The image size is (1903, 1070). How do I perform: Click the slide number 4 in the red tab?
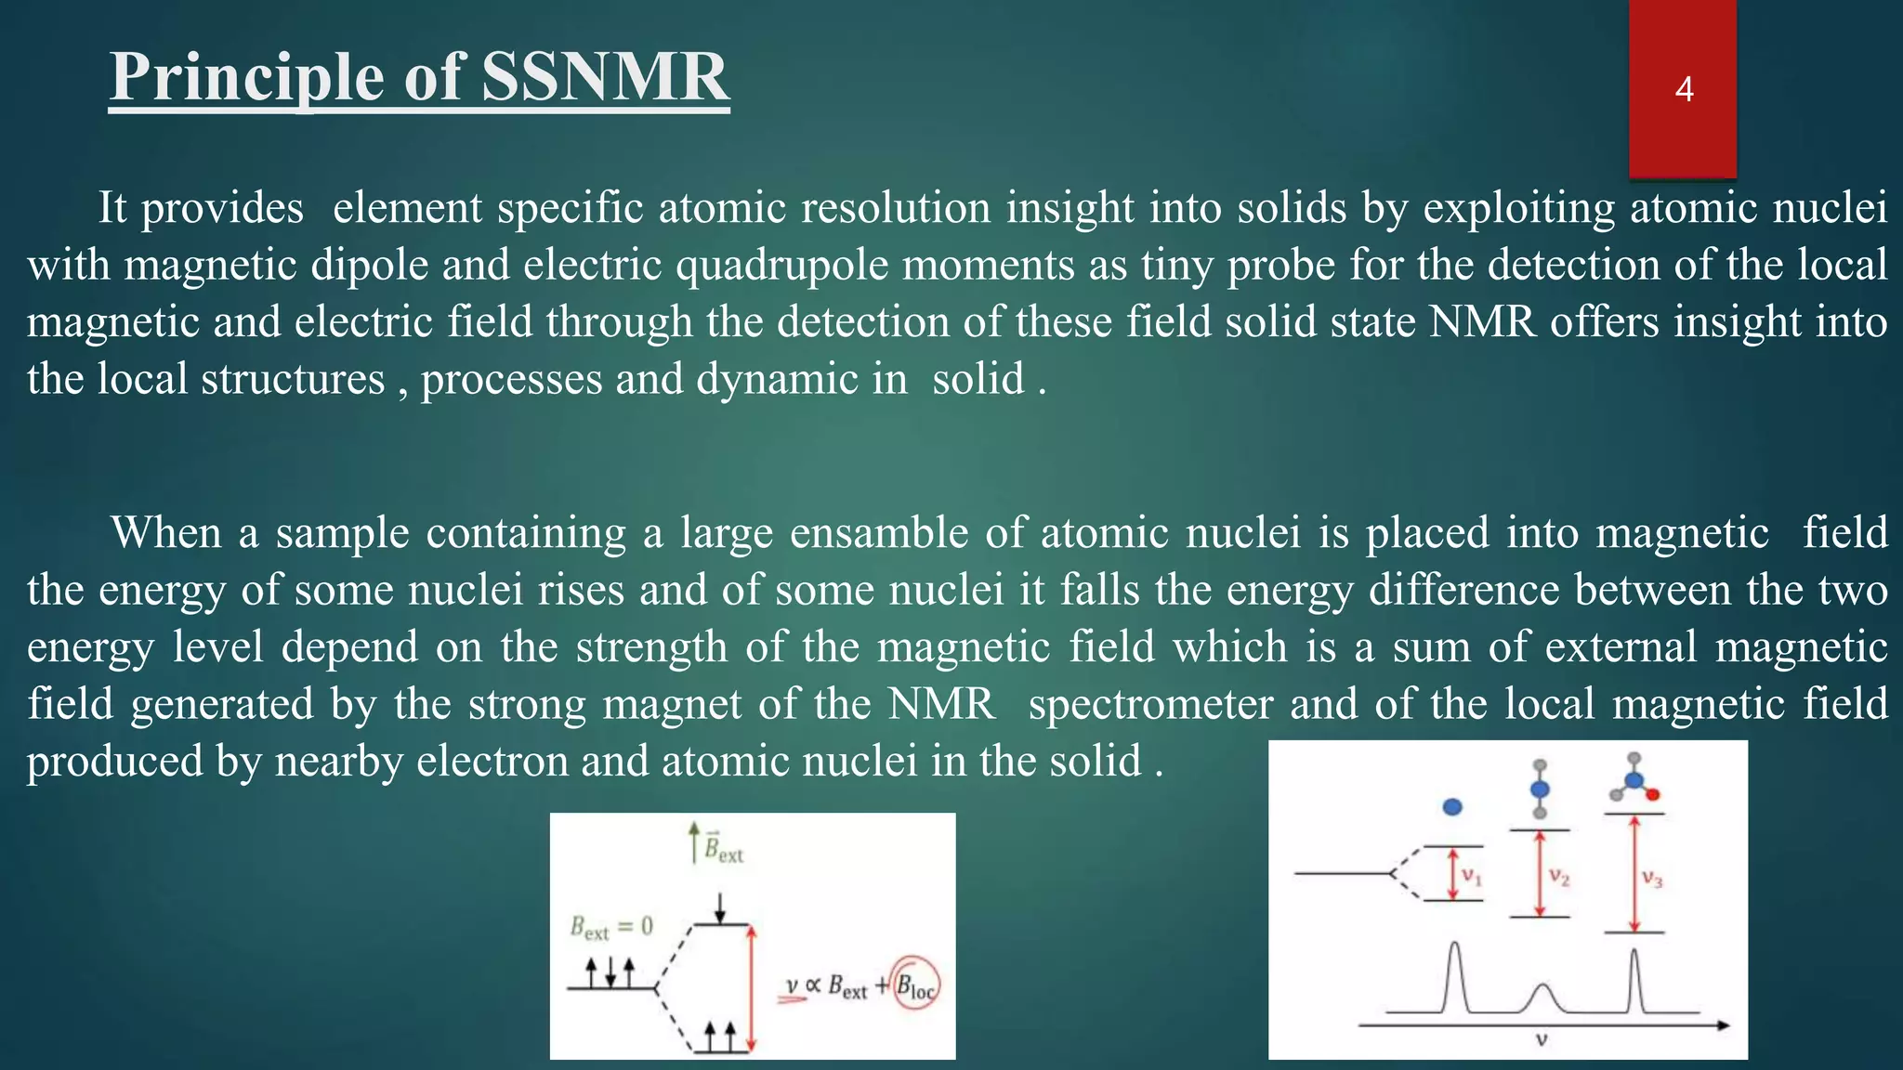click(1684, 89)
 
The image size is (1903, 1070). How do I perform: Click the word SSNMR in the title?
click(605, 76)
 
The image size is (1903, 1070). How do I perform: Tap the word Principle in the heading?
click(245, 76)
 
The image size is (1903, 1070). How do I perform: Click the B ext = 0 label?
click(611, 927)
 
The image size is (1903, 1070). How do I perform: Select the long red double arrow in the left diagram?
click(752, 987)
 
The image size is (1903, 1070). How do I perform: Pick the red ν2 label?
click(1559, 877)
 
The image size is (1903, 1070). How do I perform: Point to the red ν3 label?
click(1651, 877)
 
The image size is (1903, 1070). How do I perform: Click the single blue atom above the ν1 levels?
click(1452, 806)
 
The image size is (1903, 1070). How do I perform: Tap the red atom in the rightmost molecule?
click(1653, 795)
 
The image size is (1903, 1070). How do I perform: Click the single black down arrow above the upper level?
click(719, 907)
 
